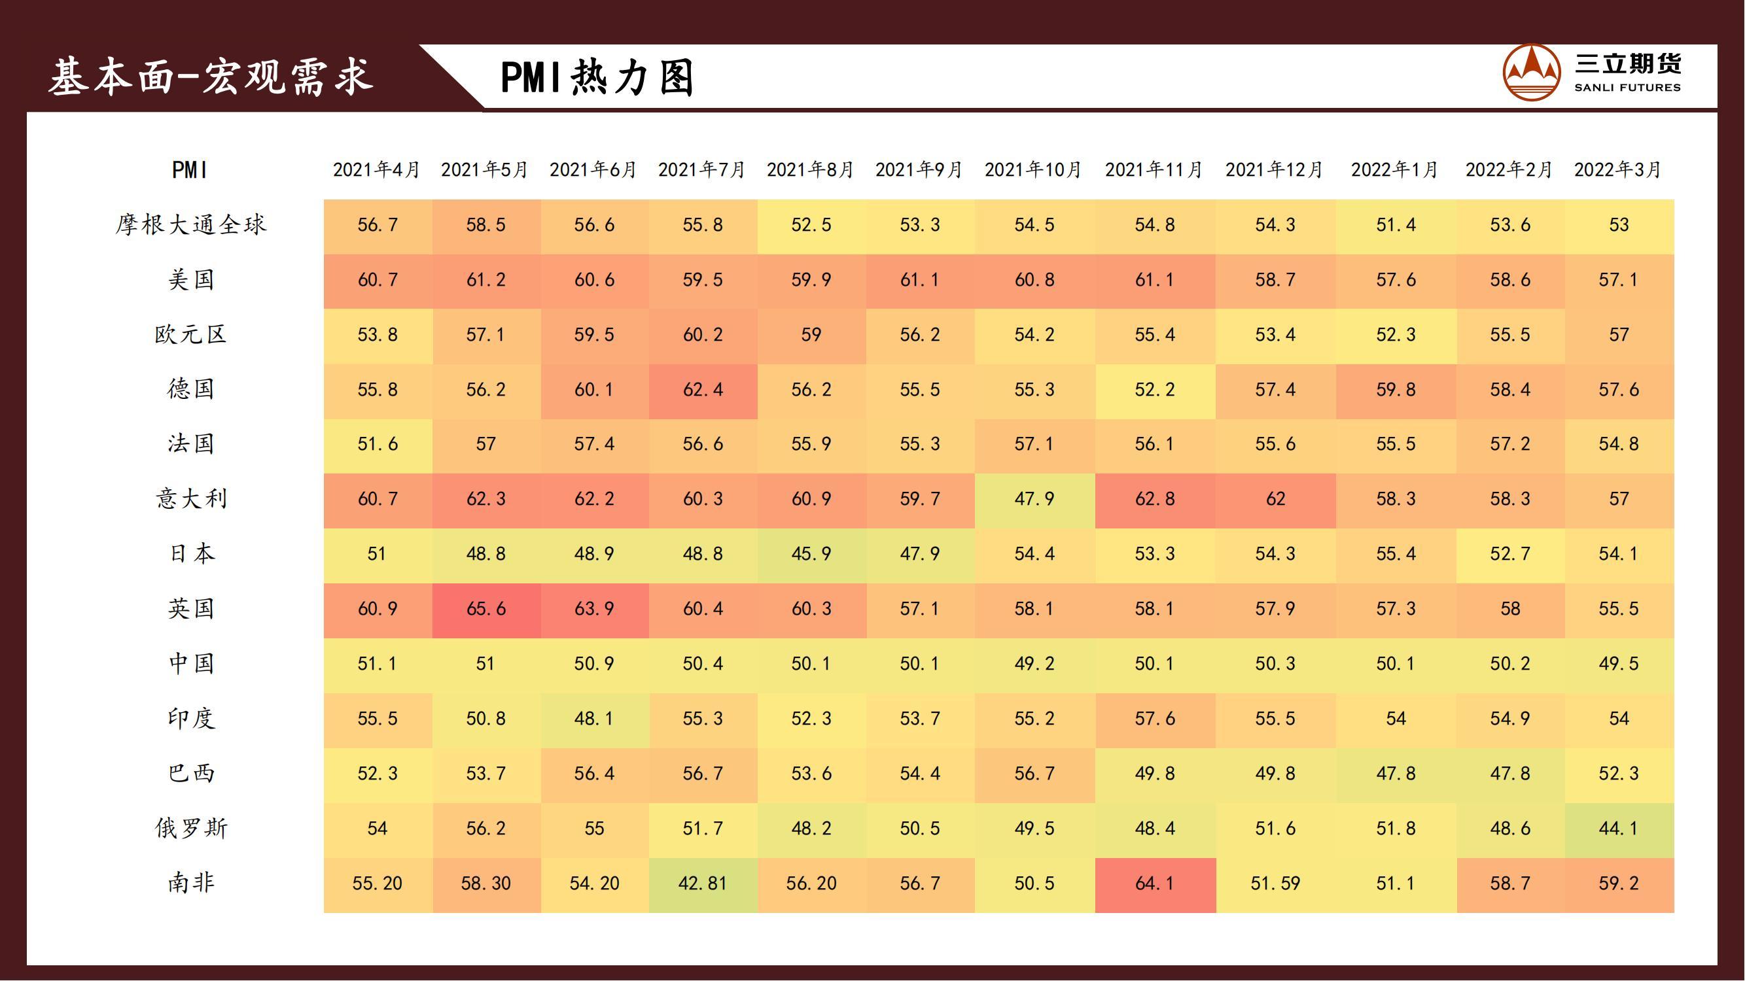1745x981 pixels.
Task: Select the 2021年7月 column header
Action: point(702,169)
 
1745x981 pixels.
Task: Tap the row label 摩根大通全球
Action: point(191,225)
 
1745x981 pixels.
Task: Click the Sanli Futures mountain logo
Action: point(1532,73)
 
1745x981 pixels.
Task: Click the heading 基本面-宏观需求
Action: point(211,76)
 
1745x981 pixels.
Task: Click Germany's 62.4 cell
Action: point(703,390)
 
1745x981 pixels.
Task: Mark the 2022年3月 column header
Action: point(1617,169)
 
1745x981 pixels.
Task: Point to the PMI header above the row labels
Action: point(190,170)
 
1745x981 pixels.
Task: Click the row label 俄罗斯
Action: point(191,829)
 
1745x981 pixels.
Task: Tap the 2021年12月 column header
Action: point(1274,169)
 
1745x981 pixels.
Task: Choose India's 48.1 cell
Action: point(593,719)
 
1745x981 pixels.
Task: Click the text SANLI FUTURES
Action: point(1627,88)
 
